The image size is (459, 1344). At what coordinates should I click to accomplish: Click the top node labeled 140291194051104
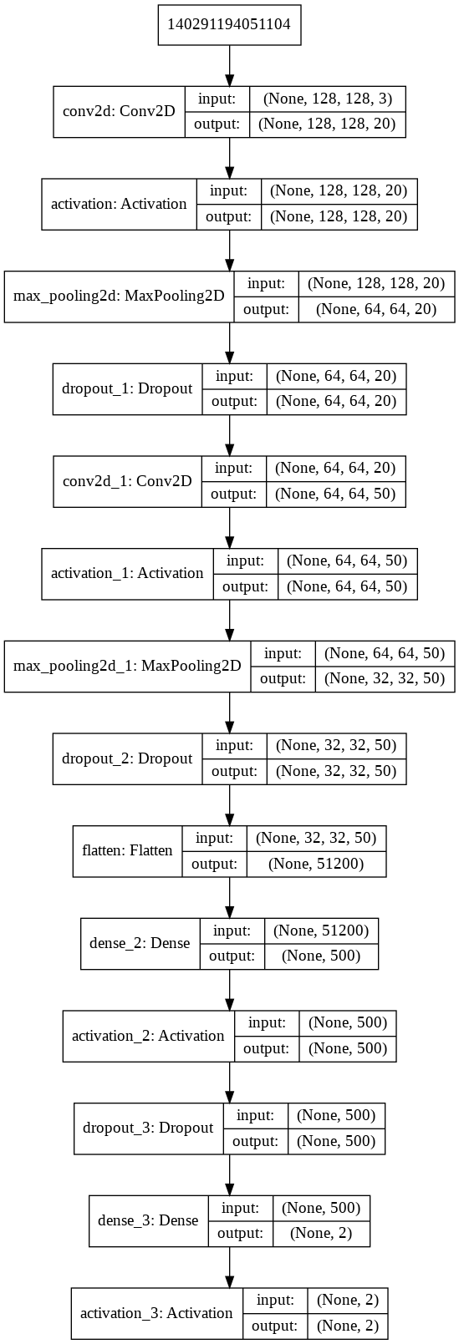tap(229, 24)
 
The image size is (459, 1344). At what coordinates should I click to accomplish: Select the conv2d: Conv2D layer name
tap(119, 111)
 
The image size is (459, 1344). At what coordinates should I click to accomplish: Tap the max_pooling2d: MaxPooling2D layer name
tap(120, 297)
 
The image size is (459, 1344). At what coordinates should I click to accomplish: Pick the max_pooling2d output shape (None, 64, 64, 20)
tap(376, 309)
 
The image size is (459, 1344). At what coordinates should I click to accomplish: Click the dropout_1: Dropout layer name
tap(127, 388)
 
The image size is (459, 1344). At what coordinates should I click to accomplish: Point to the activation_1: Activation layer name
tap(127, 573)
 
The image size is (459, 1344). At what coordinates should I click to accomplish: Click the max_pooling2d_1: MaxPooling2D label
tap(127, 666)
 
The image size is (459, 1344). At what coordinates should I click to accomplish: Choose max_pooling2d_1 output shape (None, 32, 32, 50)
tap(385, 678)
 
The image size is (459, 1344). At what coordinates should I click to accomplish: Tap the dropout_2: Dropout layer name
tap(127, 758)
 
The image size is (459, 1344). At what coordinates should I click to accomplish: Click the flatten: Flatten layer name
tap(127, 850)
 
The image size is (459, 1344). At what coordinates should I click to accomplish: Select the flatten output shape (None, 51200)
tap(316, 864)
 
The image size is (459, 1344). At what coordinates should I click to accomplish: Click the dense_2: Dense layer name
tap(140, 943)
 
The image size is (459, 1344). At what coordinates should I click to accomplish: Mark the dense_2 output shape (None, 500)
tap(321, 956)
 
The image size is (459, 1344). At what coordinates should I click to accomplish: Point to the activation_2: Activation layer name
tap(148, 1036)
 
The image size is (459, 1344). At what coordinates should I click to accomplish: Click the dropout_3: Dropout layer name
tap(148, 1128)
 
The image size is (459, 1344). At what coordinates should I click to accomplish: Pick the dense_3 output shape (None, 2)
tap(321, 1233)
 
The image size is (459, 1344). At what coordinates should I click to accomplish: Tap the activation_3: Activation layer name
tap(156, 1313)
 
